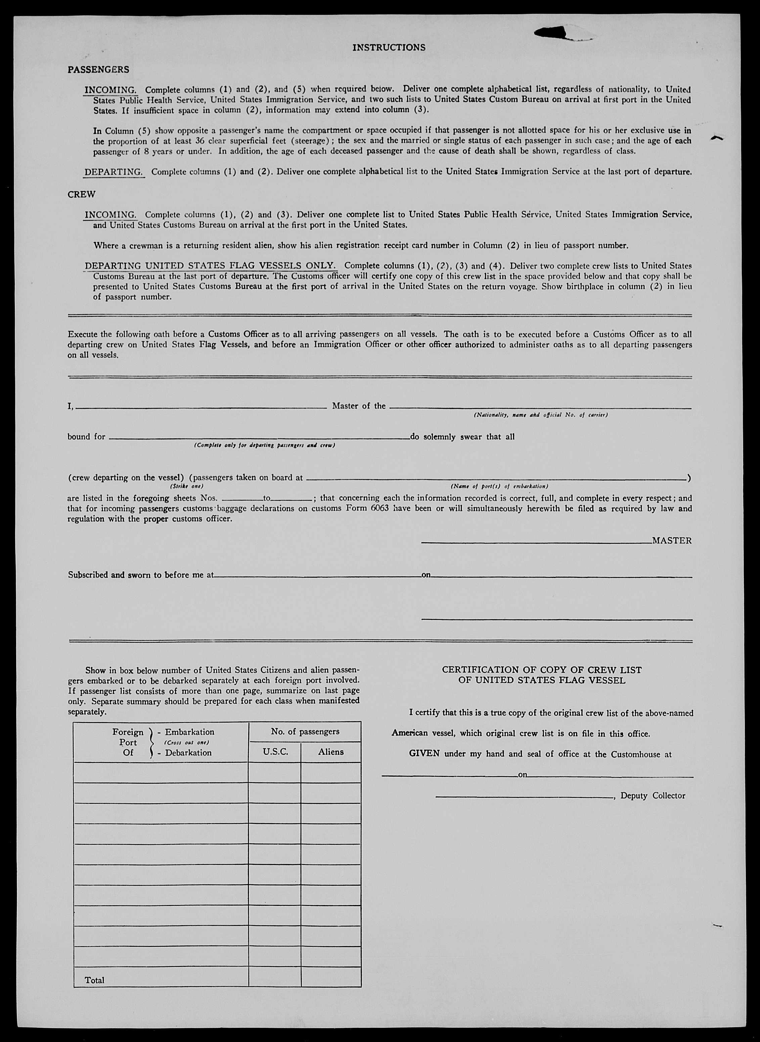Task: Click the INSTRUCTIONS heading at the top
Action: [389, 47]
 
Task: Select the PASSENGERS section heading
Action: [98, 69]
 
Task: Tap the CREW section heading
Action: [81, 194]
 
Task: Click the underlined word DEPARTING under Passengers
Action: [114, 172]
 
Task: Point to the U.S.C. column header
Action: [275, 752]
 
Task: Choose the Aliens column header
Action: [331, 752]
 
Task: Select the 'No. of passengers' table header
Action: [305, 731]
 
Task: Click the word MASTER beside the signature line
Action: [672, 541]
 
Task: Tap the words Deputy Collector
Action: [653, 796]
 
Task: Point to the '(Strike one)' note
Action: [186, 486]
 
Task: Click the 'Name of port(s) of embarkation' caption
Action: [499, 486]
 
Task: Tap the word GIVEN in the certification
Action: [424, 754]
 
